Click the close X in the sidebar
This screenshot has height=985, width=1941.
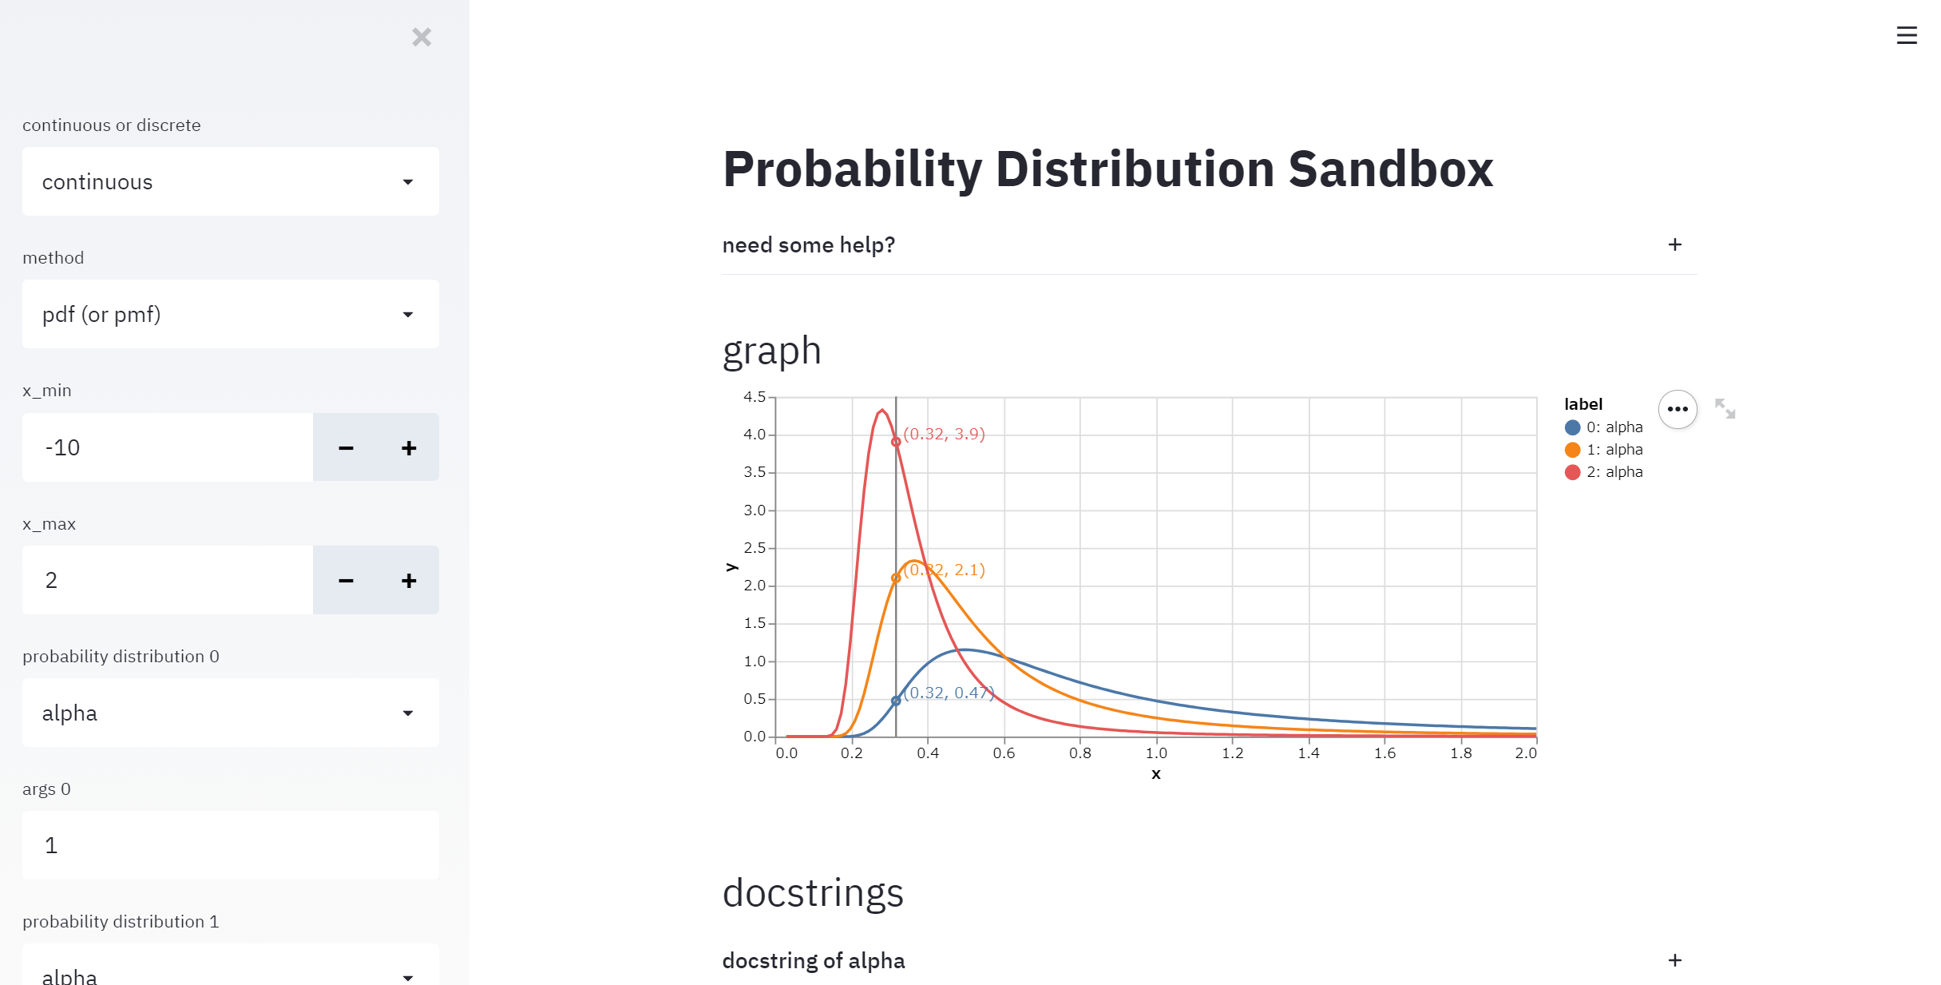(422, 37)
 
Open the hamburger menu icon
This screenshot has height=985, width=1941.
(1906, 35)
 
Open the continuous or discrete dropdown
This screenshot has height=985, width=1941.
(230, 181)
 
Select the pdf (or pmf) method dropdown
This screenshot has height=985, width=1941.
(230, 314)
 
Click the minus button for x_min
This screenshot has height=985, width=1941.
(346, 447)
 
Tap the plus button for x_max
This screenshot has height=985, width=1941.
(409, 580)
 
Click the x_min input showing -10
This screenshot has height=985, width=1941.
(168, 447)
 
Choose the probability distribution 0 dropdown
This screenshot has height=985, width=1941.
(230, 713)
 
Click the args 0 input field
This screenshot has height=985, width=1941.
(230, 845)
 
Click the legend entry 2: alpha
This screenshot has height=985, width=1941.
(1605, 472)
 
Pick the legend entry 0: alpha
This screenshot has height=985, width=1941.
(1605, 427)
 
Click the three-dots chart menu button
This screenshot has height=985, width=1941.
(1678, 409)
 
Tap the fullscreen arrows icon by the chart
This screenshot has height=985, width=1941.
(1725, 408)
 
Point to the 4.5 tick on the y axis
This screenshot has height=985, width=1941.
(755, 397)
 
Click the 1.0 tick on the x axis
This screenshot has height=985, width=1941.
(1156, 753)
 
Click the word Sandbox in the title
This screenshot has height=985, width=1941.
(1390, 169)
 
